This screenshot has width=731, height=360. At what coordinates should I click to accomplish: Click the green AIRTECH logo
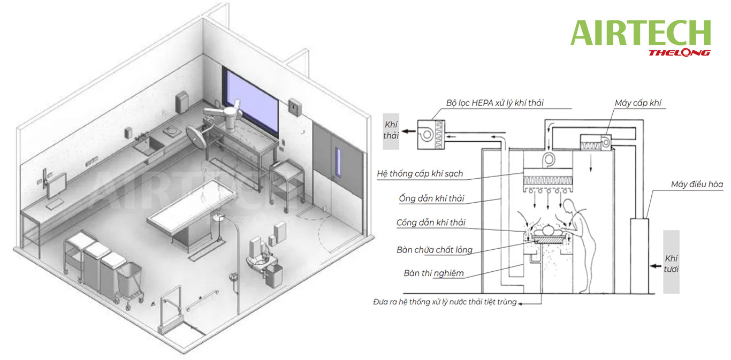tap(641, 33)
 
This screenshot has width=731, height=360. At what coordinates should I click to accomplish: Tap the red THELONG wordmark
tap(679, 53)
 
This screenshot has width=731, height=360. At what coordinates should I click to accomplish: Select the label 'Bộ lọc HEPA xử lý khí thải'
tap(494, 103)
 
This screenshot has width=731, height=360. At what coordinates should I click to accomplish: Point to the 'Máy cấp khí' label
tap(638, 103)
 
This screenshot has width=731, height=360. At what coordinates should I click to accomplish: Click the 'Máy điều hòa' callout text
tap(697, 184)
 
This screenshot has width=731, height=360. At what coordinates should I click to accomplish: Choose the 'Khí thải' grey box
tap(391, 131)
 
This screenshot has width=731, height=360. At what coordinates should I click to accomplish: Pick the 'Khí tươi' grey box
tap(671, 262)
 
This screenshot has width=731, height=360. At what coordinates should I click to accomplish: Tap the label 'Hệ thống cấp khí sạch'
tap(420, 173)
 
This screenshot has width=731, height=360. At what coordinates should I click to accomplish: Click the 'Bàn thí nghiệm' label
tap(433, 273)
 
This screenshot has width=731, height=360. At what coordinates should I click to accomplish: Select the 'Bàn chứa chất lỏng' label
tap(435, 250)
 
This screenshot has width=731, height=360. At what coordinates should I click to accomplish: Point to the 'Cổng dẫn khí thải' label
tap(431, 223)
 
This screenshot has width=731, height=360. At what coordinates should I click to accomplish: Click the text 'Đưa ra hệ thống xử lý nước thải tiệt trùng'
tap(445, 302)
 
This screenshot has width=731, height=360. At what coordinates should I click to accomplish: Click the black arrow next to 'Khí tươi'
tap(656, 266)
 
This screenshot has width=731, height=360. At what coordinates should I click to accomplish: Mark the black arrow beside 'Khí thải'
tap(408, 132)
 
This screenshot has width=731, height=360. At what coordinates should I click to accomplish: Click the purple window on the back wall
tap(252, 102)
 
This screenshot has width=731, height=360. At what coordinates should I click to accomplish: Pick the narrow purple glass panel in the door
tap(338, 162)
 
